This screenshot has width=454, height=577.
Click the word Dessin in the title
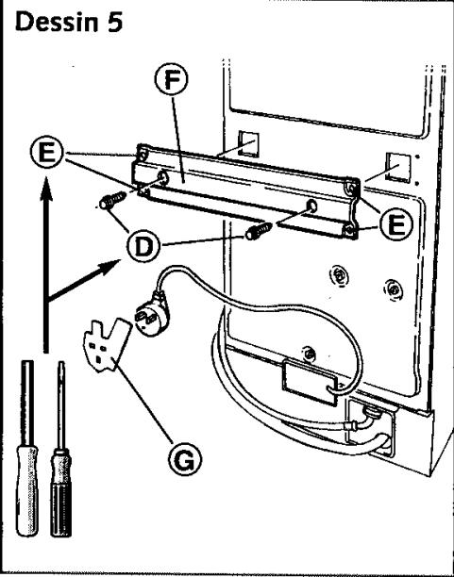coord(57,22)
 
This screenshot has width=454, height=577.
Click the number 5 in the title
coord(114,22)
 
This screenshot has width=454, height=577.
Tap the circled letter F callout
coord(171,79)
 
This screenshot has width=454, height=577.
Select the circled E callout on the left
coord(47,152)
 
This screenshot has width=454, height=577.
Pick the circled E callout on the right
coord(396,224)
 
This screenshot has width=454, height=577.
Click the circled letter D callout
coord(143,247)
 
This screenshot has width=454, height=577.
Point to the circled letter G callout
coord(185,459)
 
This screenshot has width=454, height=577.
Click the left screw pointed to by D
coord(112,200)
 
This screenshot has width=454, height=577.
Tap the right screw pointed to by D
coord(259,232)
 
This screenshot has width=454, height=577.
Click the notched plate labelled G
coord(106,345)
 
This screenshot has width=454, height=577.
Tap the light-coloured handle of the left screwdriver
coord(27,489)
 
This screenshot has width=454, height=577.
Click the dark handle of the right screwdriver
coord(60,492)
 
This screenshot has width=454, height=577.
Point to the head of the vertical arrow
coord(46,189)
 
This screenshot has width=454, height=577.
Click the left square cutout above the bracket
coord(248,143)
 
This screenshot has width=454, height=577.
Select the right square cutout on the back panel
coord(397,168)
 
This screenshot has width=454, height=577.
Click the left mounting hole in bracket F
coord(162,177)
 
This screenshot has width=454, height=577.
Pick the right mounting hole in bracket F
coord(311,206)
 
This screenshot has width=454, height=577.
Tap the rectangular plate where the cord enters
coord(309,383)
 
